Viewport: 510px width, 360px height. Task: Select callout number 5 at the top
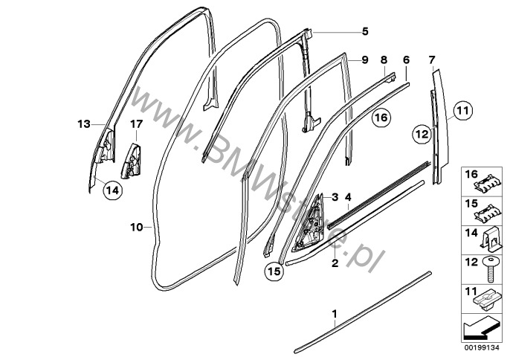[365, 31]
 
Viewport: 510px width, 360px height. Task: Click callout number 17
[136, 123]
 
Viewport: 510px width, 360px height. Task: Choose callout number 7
[432, 59]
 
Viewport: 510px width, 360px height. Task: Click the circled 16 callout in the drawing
[380, 117]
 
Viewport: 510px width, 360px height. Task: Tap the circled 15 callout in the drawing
[274, 272]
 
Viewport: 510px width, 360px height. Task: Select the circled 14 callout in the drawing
[111, 191]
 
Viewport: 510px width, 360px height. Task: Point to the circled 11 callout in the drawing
[462, 112]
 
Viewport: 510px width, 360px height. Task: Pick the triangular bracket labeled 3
[315, 219]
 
